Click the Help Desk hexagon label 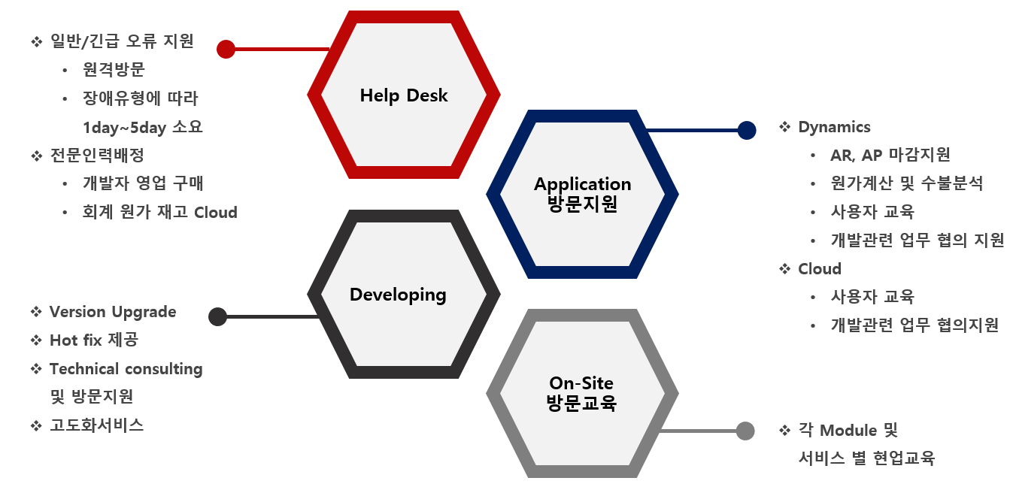coord(404,95)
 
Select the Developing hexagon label coord(398,295)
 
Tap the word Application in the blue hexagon coord(583,185)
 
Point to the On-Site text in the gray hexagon coord(581,383)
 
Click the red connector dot coord(226,49)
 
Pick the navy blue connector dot coord(747,130)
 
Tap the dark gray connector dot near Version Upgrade coord(218,316)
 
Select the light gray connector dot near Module coord(745,431)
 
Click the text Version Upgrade coord(113,312)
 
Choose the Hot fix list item coord(94,340)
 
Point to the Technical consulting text coord(126,369)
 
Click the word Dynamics coord(834,127)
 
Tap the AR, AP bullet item coord(890,155)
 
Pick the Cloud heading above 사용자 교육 coord(819,269)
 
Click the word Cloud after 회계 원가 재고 coord(216,212)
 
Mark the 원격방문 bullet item coord(114,69)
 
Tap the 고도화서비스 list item coord(96,425)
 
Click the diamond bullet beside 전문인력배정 coord(37,156)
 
